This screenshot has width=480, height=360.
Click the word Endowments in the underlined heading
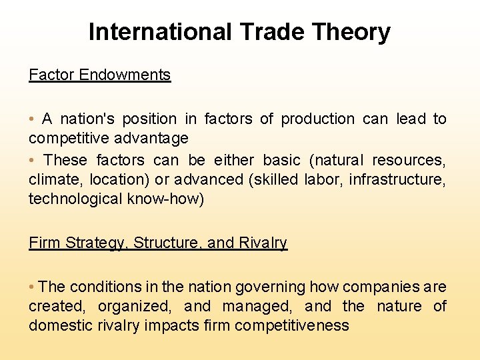(x=125, y=75)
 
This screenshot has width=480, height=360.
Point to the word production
(x=318, y=119)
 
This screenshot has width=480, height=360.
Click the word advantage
(x=155, y=138)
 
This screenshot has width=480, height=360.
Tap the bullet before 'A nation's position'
(x=32, y=119)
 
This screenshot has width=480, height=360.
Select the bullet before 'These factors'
(x=32, y=160)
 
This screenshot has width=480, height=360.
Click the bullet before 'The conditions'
(x=32, y=287)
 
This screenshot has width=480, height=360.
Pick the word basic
(x=282, y=160)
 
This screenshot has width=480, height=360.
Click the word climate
(x=50, y=179)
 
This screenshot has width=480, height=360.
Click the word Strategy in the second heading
(x=95, y=243)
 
